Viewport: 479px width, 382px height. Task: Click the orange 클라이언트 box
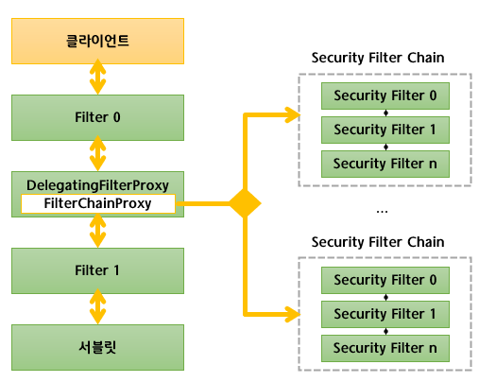97,42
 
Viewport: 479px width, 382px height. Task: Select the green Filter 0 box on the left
97,118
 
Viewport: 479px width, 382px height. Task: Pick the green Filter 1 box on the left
97,270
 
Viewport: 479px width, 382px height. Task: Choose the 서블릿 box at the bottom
97,348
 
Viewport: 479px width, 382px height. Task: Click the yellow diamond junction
245,203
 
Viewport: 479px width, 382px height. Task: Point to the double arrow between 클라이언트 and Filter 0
97,79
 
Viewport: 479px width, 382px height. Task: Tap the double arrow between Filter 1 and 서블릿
97,309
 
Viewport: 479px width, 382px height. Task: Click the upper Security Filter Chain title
378,58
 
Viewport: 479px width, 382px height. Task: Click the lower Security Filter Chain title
378,242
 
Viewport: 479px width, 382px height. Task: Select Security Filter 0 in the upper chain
385,95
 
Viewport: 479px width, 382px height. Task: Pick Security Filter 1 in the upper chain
385,130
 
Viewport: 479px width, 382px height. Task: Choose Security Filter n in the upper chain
385,164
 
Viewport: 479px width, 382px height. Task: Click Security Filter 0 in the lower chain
385,280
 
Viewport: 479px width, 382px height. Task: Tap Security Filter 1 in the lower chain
385,314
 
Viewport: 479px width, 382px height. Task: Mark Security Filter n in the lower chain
385,348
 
